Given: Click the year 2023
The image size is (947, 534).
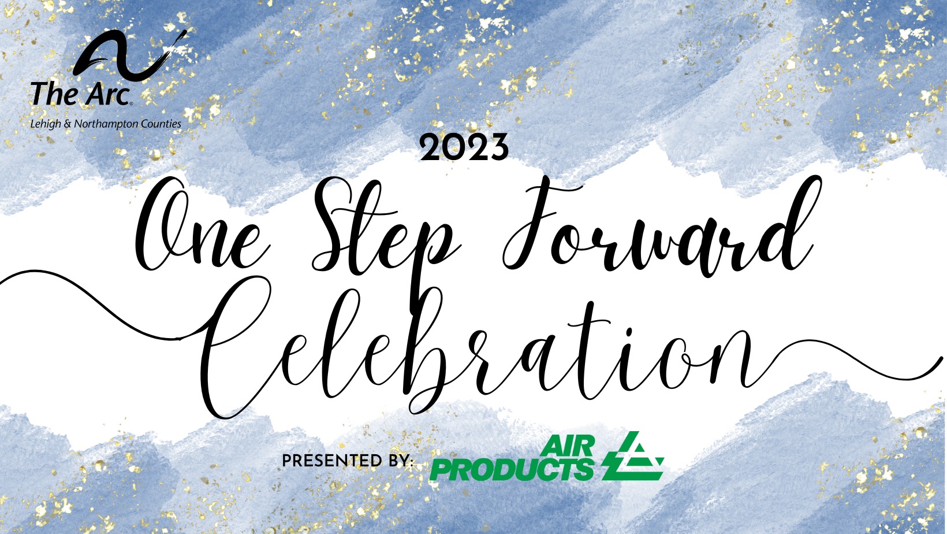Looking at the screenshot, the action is tap(464, 147).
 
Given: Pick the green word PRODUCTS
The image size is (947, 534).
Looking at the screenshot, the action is tap(512, 470).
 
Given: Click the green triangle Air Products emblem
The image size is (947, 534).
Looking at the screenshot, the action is tap(633, 457).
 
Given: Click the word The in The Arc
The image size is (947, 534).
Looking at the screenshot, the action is tap(54, 94).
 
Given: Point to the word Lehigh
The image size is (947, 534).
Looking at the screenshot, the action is tap(46, 124).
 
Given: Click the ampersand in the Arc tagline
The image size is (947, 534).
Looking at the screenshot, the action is tap(68, 124).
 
